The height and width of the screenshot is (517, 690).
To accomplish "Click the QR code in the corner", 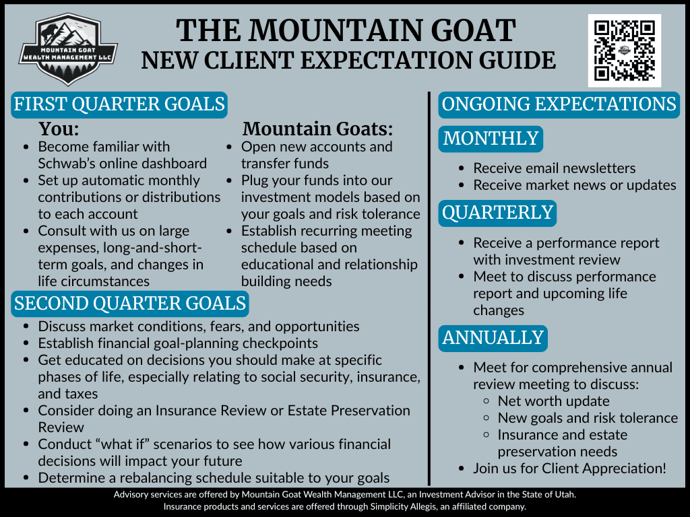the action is pos(625,50).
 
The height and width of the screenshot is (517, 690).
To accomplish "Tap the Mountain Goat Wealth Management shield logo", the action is pos(68,48).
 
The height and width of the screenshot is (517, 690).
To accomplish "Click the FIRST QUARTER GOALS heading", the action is pos(119,104).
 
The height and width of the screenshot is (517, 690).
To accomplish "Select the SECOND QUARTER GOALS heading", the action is pos(130,304).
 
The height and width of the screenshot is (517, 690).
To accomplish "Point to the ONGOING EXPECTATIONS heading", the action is pos(559,104).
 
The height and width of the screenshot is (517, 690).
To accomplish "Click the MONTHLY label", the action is pos(491,139).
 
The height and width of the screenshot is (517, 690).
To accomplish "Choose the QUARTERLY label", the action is pos(497,213).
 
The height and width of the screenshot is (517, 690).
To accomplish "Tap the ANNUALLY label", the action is pos(493,338).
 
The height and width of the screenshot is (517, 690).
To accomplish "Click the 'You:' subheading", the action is pos(59,129).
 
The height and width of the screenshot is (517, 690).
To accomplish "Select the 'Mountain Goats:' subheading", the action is pos(317,129).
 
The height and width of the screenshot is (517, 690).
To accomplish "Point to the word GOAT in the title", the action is pos(472,30).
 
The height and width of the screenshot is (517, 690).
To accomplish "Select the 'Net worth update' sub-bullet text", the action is pos(554,401).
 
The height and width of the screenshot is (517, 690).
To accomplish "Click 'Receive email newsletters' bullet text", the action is pos(555,168).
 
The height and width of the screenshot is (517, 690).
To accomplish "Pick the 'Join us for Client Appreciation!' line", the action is pos(570,469).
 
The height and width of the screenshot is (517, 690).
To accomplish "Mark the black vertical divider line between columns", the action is pos(429,288).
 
